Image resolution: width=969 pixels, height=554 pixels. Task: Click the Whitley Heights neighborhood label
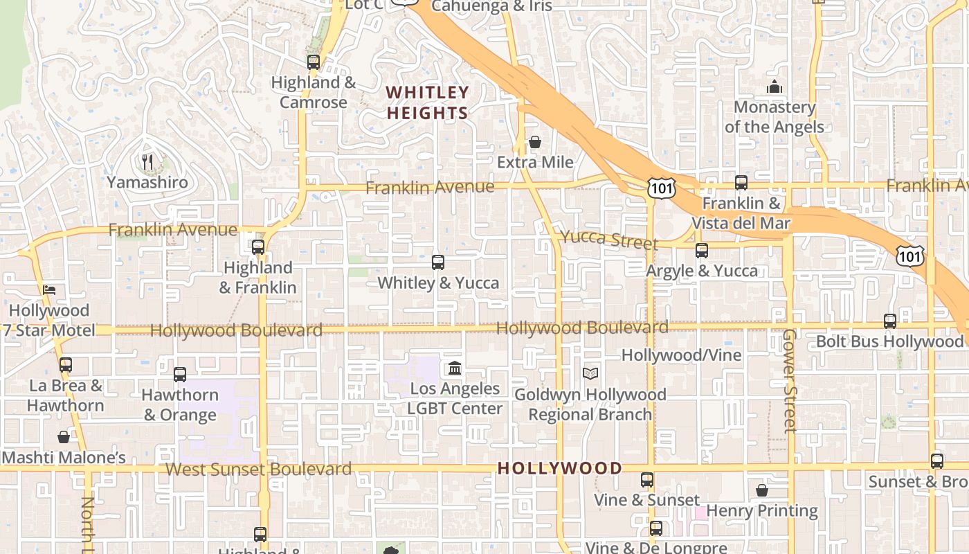(428, 102)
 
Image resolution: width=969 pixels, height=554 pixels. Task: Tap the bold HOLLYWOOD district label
(559, 468)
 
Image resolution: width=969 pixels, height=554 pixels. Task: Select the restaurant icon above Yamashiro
(147, 163)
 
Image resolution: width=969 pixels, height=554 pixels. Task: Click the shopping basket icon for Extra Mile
(535, 143)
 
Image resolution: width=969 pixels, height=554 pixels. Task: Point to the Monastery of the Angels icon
(774, 87)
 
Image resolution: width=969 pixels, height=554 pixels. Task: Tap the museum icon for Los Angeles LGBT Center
(455, 368)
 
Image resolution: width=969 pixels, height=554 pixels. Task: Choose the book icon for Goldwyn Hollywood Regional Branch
(590, 374)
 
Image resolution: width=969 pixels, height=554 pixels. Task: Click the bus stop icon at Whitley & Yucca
(438, 262)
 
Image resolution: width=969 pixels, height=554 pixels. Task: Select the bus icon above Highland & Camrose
(314, 62)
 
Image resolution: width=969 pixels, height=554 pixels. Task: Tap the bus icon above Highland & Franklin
(258, 247)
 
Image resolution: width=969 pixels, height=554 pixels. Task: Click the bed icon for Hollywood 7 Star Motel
(49, 290)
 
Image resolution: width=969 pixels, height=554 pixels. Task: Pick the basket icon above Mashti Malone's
(64, 437)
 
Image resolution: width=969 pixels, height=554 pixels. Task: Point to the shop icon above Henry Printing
(762, 490)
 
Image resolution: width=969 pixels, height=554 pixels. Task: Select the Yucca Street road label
(608, 240)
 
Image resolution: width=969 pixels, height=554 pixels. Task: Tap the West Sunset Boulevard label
(258, 469)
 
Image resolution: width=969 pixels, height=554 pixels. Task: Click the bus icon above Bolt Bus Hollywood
(890, 321)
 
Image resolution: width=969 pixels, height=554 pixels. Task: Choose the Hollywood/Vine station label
(681, 355)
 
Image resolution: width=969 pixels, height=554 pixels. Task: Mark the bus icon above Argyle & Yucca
(702, 251)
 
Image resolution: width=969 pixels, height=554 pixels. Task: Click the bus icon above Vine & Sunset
(647, 480)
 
